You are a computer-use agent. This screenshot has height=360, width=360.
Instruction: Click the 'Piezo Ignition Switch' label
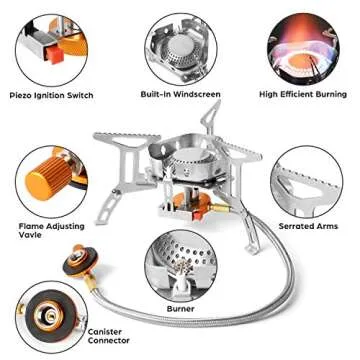click(51, 95)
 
